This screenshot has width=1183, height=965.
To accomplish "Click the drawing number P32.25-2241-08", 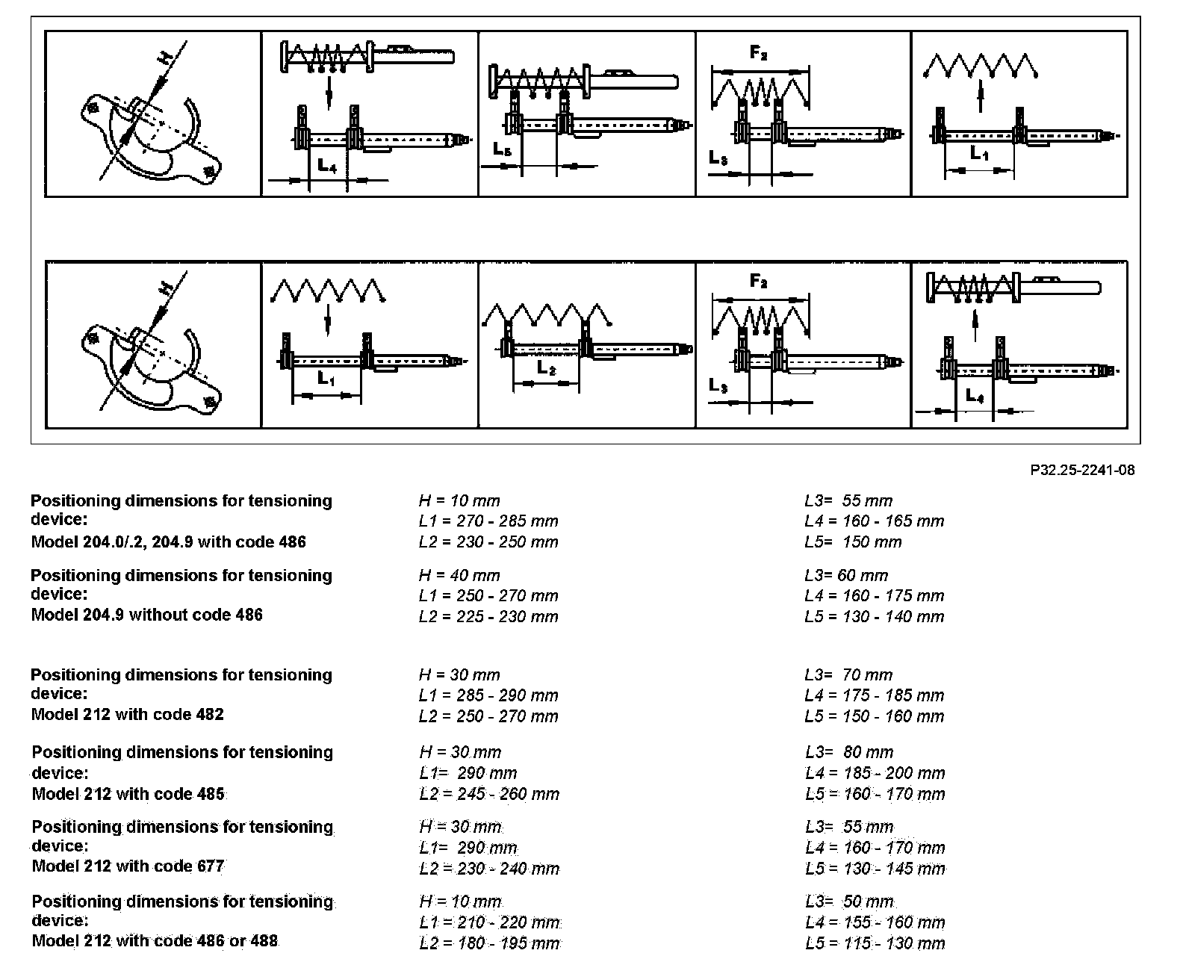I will point(1081,470).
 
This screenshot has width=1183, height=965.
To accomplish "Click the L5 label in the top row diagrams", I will point(502,149).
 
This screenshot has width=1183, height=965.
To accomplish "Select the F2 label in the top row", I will point(758,54).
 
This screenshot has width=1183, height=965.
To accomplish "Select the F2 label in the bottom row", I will point(758,282).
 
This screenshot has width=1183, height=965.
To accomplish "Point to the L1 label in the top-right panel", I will point(979,155).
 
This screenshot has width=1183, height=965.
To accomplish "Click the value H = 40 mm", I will point(459,576).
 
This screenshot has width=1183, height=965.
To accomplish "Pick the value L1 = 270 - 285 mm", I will point(488,521).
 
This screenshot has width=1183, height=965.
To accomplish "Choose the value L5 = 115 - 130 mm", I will point(875,943).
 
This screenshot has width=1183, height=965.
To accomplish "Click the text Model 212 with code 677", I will point(128,866).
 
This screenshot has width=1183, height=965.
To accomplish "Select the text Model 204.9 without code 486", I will point(147,615).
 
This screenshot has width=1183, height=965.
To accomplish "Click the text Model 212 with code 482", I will point(128,714).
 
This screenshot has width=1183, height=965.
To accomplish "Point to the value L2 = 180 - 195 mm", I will point(489,943).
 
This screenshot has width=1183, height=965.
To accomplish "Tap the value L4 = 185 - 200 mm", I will point(875,773).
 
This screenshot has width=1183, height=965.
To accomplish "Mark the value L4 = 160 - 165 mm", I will point(874,521).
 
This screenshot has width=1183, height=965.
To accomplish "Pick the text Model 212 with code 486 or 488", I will point(155,941).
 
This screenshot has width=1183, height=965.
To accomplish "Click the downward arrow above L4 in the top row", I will point(329,95).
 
